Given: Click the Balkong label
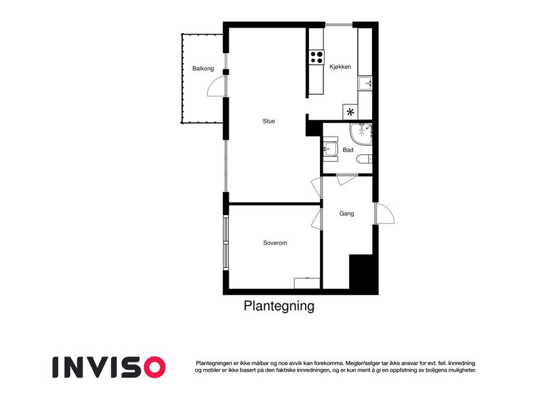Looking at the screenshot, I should [203, 68].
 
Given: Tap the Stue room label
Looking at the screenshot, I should [269, 121].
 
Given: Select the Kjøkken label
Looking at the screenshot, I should [340, 66].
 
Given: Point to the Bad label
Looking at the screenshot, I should [348, 150].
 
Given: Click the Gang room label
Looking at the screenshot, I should [347, 213].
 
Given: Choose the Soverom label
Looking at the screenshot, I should [275, 243].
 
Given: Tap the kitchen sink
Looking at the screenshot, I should [366, 83].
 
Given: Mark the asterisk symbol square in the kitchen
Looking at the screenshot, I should [350, 112].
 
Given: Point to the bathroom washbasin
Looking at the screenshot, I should [330, 149].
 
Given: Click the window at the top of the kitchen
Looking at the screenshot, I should [338, 25].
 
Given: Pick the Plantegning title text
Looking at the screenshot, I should [279, 306].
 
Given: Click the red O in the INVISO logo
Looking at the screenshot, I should [153, 366].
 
